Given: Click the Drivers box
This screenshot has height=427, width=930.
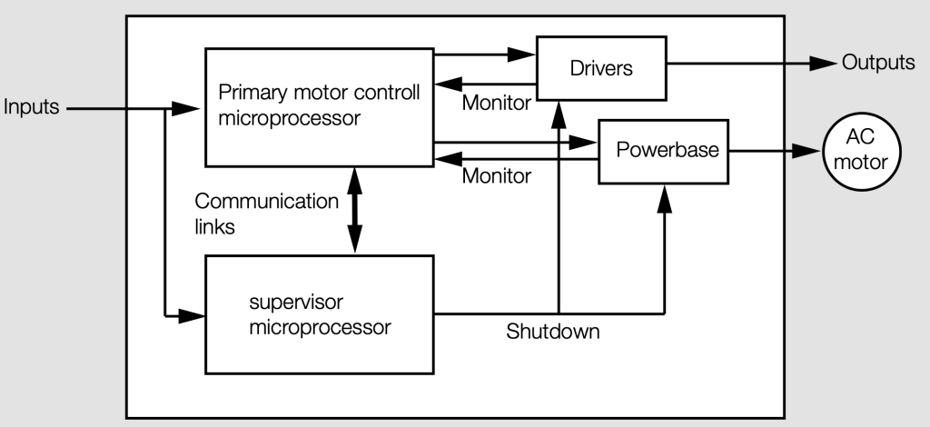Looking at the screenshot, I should coord(600,67).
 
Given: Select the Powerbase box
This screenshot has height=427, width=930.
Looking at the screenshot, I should coord(662,151).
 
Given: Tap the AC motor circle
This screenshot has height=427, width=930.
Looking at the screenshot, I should coord(860,151).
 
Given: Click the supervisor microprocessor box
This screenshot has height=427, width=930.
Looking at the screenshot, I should coord(320,314).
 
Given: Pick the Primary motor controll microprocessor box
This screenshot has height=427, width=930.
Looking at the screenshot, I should coord(319,106).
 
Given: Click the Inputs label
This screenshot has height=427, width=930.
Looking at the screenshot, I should coord(32,108).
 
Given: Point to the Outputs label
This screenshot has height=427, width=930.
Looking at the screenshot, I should coord(877,63).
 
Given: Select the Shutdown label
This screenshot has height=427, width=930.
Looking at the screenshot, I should coord(552,332).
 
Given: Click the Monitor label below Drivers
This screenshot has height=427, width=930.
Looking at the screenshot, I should coord(496,103).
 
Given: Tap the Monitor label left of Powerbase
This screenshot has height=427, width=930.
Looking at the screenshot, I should coord(496,175).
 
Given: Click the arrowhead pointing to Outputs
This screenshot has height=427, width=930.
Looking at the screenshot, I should coord(822,63).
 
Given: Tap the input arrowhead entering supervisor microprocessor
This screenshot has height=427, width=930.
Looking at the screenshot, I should coord(193,315).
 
